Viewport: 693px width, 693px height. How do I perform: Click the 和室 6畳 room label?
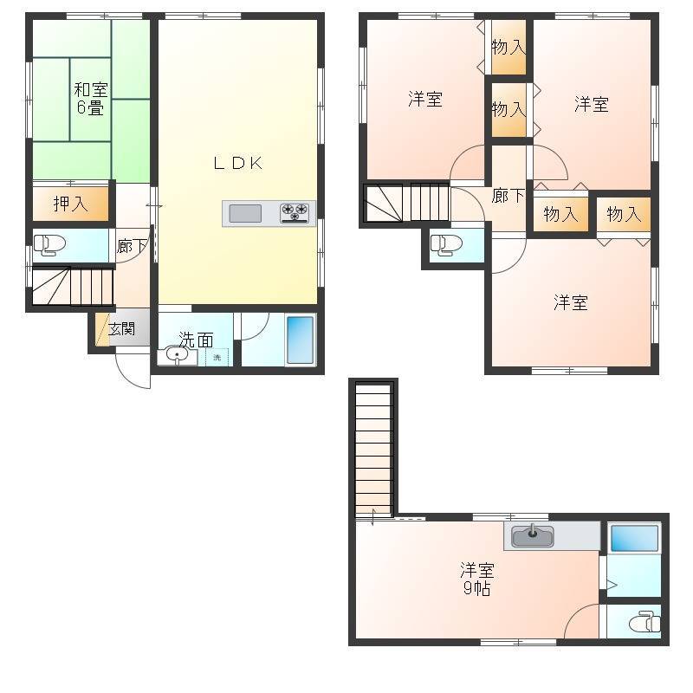[91, 99]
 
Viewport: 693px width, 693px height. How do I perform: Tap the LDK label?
[238, 163]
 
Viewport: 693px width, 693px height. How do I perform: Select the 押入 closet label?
[70, 204]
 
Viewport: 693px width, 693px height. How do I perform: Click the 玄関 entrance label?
[121, 329]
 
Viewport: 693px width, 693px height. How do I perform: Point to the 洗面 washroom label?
[196, 340]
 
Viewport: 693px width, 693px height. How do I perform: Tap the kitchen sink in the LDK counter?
[245, 214]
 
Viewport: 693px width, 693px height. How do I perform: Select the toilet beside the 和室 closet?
[49, 245]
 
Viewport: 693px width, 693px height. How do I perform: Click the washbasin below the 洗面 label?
[177, 356]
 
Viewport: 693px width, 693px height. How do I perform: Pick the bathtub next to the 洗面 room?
[301, 340]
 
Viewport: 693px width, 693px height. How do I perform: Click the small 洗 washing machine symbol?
[217, 357]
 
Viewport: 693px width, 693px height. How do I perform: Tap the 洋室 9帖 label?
[477, 580]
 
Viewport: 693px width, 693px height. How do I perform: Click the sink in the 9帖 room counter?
[533, 535]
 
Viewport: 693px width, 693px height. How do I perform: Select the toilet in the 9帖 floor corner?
[644, 622]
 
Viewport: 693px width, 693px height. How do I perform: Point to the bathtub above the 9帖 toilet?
[635, 538]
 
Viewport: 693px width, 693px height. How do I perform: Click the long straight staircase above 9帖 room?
[374, 450]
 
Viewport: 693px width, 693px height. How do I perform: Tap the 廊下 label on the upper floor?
[508, 196]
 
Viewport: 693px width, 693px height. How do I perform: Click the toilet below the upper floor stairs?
[446, 245]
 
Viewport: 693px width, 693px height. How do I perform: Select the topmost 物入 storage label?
[508, 47]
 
